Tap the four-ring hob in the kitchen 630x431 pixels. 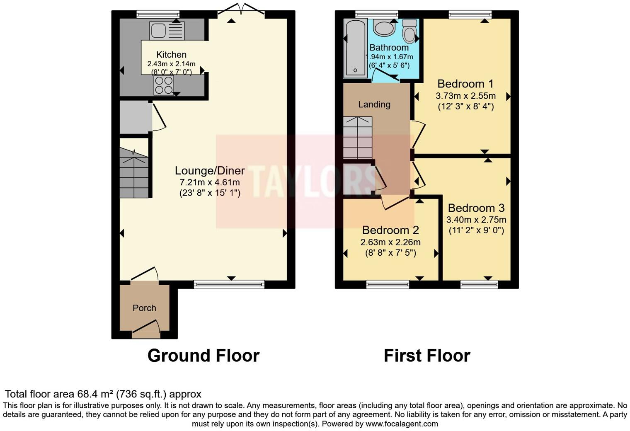(163, 85)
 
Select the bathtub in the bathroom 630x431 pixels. (355, 48)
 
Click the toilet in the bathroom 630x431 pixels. (409, 31)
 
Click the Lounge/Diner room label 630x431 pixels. (210, 170)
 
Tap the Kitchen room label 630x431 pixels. (171, 54)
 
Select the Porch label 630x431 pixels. (144, 308)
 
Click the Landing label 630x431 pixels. (374, 104)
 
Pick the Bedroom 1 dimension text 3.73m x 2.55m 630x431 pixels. (465, 96)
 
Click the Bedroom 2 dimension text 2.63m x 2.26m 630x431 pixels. (390, 242)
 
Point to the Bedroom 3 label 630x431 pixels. (476, 208)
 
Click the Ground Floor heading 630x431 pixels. (204, 356)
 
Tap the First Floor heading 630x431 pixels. (427, 356)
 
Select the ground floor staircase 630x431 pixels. (134, 174)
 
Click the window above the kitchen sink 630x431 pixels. (158, 14)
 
